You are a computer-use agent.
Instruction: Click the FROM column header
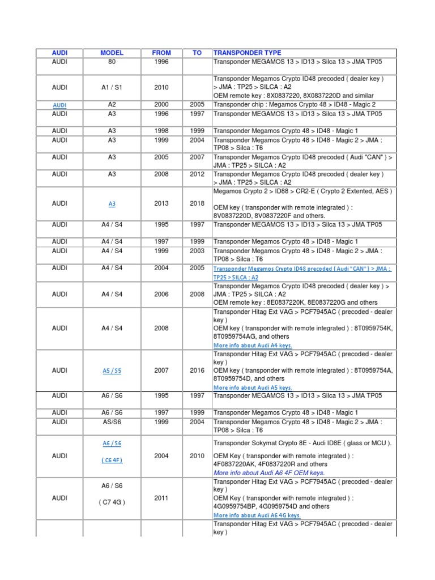pyautogui.click(x=161, y=53)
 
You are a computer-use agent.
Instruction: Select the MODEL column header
pyautogui.click(x=112, y=53)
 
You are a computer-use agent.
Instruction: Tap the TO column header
pyautogui.click(x=197, y=53)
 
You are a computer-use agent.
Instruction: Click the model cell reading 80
pyautogui.click(x=112, y=62)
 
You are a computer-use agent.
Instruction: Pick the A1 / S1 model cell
pyautogui.click(x=112, y=87)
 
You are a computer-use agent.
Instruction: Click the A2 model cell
pyautogui.click(x=112, y=105)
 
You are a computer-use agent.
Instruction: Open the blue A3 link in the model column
pyautogui.click(x=112, y=204)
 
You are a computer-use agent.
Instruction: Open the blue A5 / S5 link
pyautogui.click(x=112, y=370)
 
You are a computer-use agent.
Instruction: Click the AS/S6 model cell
pyautogui.click(x=112, y=422)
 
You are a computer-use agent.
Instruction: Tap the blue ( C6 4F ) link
pyautogui.click(x=112, y=460)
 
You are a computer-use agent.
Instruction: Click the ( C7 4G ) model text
pyautogui.click(x=112, y=502)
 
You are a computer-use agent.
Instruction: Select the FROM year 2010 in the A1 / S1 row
pyautogui.click(x=161, y=87)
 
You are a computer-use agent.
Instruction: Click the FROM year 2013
pyautogui.click(x=161, y=203)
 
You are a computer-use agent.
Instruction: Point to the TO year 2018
pyautogui.click(x=197, y=203)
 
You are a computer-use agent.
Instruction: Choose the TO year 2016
pyautogui.click(x=197, y=370)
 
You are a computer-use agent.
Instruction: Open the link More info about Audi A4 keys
pyautogui.click(x=253, y=346)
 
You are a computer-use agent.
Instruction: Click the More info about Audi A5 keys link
pyautogui.click(x=253, y=388)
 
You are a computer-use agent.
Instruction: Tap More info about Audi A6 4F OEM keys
pyautogui.click(x=269, y=472)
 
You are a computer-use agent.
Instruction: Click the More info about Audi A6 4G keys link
pyautogui.click(x=257, y=515)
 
